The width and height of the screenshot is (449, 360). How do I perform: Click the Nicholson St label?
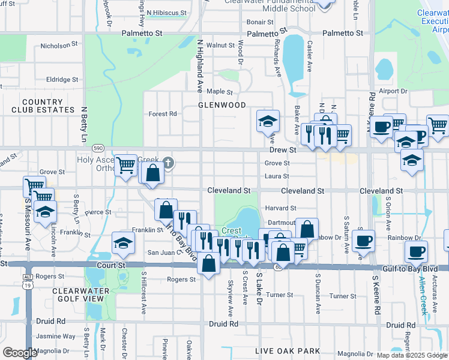[59, 46]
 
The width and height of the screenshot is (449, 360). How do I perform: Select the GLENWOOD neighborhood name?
[222, 105]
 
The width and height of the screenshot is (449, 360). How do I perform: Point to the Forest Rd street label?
[163, 113]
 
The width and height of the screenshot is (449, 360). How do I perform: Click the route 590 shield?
[98, 148]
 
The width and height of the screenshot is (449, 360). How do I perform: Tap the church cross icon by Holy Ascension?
[169, 162]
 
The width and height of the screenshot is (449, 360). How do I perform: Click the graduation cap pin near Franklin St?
[123, 243]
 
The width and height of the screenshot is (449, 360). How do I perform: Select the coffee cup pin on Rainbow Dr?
[363, 241]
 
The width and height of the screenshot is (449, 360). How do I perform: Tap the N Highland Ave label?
[200, 66]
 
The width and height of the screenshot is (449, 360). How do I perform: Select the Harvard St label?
[281, 208]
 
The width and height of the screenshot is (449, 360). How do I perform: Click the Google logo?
[20, 353]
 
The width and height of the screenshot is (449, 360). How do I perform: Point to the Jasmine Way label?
[56, 337]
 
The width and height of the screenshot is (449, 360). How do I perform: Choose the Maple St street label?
[220, 92]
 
